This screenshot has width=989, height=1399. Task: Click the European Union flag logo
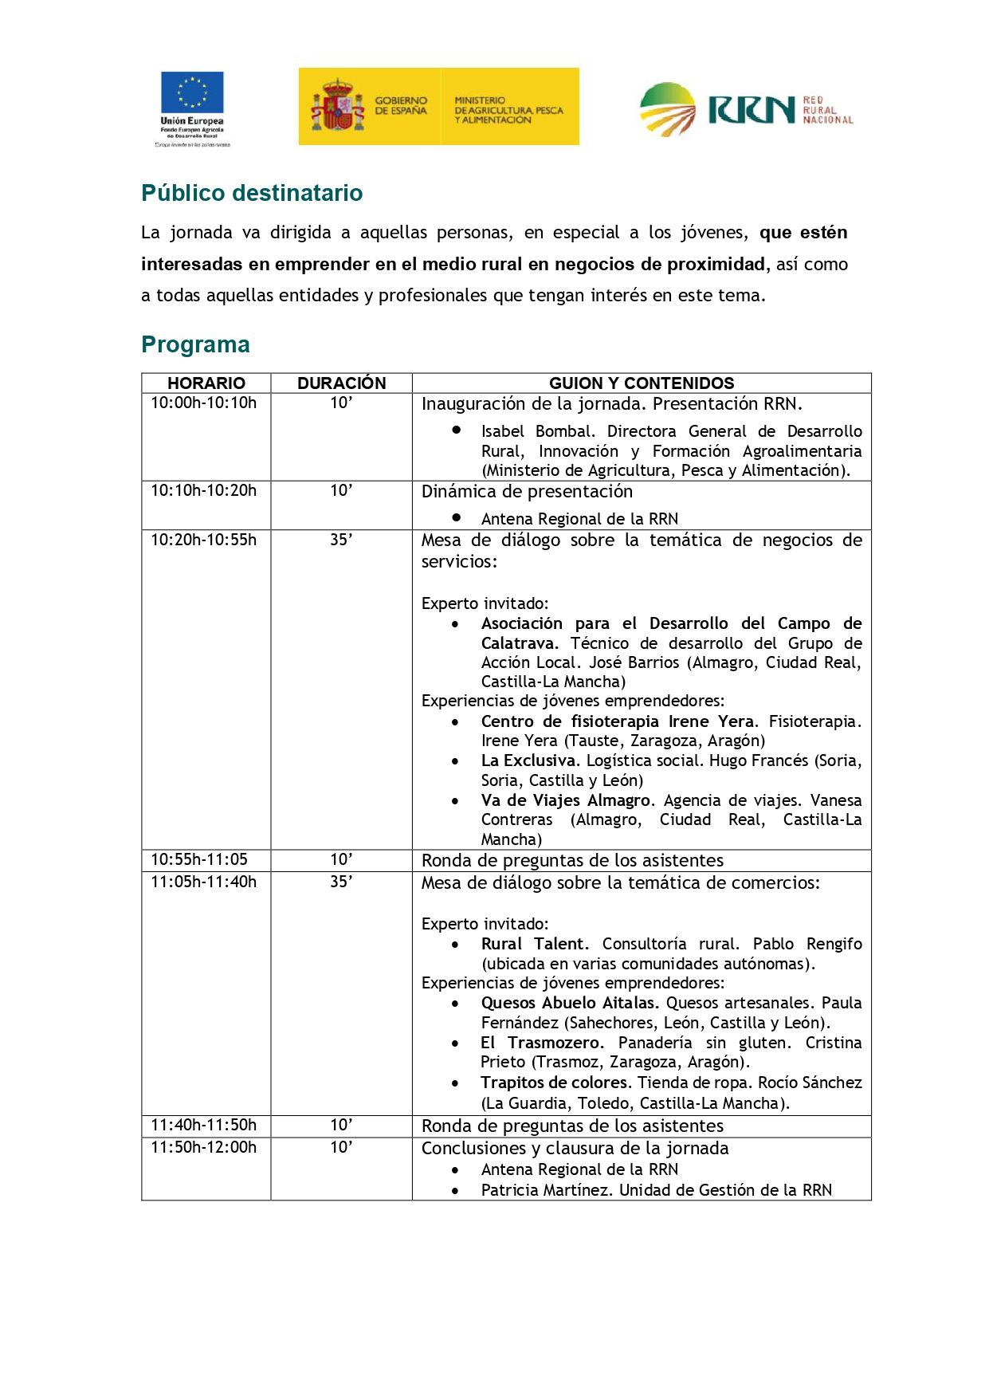(192, 92)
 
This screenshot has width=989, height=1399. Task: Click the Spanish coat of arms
(337, 106)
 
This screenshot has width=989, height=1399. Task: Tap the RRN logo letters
(751, 110)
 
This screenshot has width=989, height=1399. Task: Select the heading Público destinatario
(252, 193)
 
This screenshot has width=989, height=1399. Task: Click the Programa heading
(195, 344)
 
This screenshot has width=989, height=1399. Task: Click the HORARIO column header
(206, 383)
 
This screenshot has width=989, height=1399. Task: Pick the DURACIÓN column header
(341, 383)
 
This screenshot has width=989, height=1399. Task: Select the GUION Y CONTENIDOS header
(642, 383)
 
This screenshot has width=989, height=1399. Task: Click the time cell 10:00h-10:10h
(204, 403)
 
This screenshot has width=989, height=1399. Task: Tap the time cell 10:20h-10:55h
(204, 540)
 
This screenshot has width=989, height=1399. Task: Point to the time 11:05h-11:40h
(204, 882)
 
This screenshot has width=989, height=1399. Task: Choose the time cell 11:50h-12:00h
(204, 1147)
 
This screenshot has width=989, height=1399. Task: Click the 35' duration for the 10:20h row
(341, 540)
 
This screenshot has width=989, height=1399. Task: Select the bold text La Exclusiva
(528, 760)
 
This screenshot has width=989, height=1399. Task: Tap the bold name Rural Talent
(534, 944)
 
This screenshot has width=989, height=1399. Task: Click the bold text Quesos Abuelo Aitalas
(569, 1003)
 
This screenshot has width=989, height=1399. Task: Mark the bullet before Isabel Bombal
(457, 430)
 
